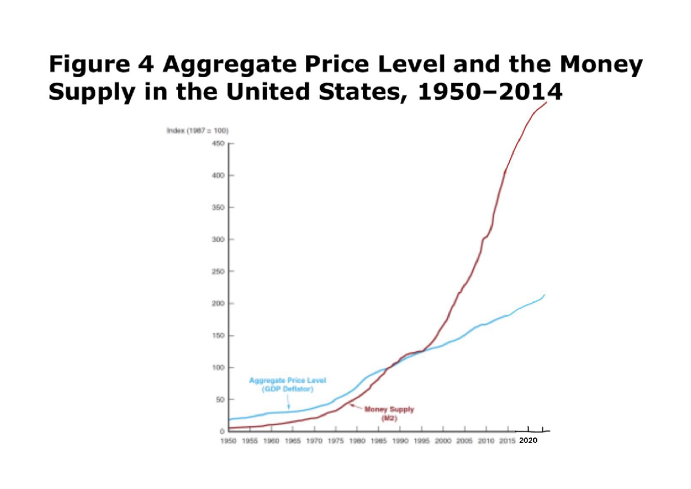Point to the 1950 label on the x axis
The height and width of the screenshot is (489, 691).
click(x=229, y=441)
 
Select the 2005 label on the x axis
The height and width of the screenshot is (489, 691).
click(x=464, y=441)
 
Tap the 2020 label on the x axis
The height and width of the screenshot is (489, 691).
click(x=527, y=440)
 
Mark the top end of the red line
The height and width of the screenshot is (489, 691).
click(x=546, y=103)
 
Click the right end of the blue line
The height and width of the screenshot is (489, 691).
click(x=544, y=295)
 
